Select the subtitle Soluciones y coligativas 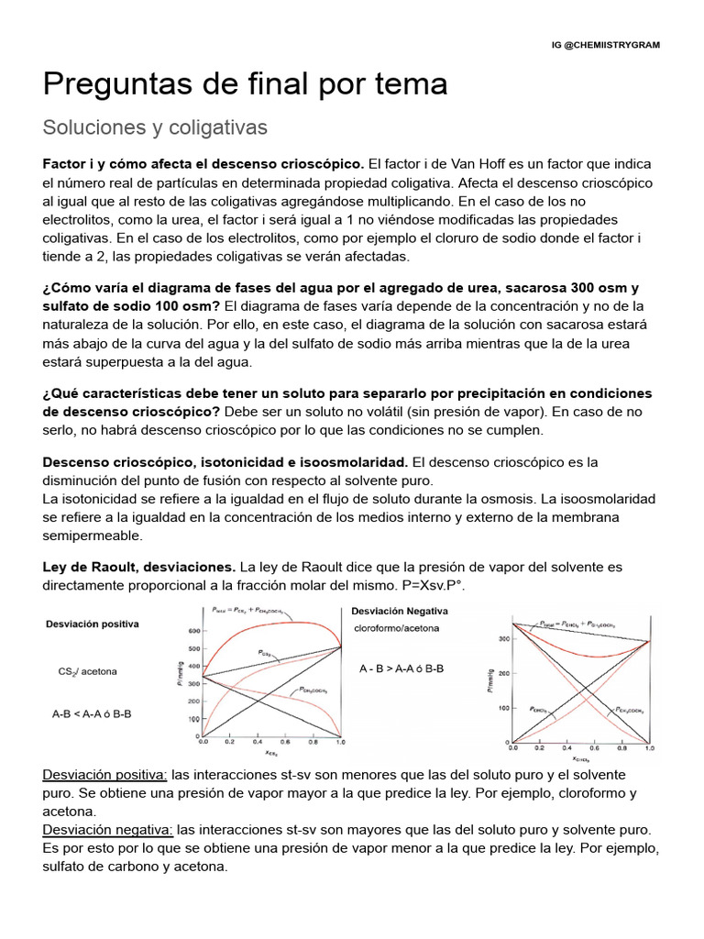click(155, 127)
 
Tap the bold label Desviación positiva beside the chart click(93, 624)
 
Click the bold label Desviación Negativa click(400, 611)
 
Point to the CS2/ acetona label click(87, 671)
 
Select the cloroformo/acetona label click(396, 628)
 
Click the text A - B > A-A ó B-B click(401, 668)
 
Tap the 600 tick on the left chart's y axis click(192, 632)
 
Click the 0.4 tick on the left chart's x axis click(258, 743)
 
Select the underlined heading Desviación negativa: click(108, 829)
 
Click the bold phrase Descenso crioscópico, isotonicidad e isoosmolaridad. click(225, 462)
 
